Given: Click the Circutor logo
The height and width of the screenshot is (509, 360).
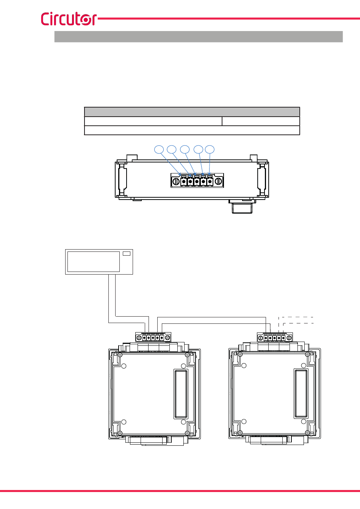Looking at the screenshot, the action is [x=69, y=19].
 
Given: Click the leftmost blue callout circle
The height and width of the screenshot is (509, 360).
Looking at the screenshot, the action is [x=159, y=149].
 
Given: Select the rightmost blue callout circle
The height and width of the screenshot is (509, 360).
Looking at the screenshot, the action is [x=210, y=149].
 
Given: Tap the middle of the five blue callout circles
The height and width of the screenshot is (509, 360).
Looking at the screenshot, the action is [x=185, y=149].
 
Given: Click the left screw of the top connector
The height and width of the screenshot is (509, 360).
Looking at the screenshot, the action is [x=176, y=181].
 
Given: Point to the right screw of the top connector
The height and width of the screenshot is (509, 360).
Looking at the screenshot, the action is [x=218, y=181].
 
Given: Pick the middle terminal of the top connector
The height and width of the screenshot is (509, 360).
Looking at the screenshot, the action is [x=197, y=181].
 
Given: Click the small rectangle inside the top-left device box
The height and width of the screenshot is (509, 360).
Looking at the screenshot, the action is [x=127, y=253].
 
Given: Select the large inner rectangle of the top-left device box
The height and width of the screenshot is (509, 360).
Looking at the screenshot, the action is [x=94, y=262].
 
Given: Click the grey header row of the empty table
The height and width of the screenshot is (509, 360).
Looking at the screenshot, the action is [x=192, y=112].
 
